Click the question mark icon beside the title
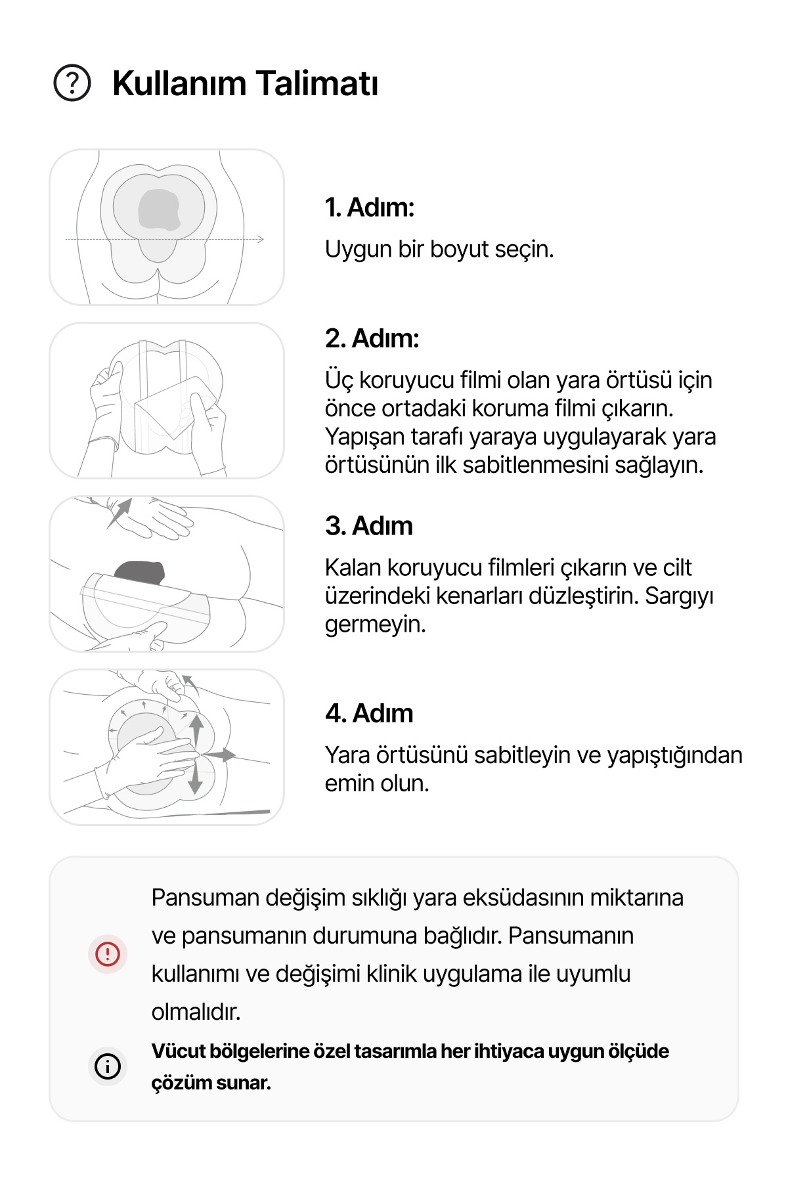(x=72, y=83)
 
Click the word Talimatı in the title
(x=317, y=83)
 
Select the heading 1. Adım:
(x=370, y=208)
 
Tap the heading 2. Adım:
(x=372, y=339)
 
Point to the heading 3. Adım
(x=369, y=526)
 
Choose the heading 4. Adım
(x=369, y=713)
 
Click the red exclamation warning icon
(x=108, y=953)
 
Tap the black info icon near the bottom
(x=108, y=1066)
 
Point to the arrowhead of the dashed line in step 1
(x=261, y=239)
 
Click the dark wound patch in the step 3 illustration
(x=140, y=572)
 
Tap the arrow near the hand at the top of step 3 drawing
(x=119, y=513)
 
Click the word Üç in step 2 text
(x=339, y=380)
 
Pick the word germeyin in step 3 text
(x=376, y=624)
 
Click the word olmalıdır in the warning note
(x=196, y=1012)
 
